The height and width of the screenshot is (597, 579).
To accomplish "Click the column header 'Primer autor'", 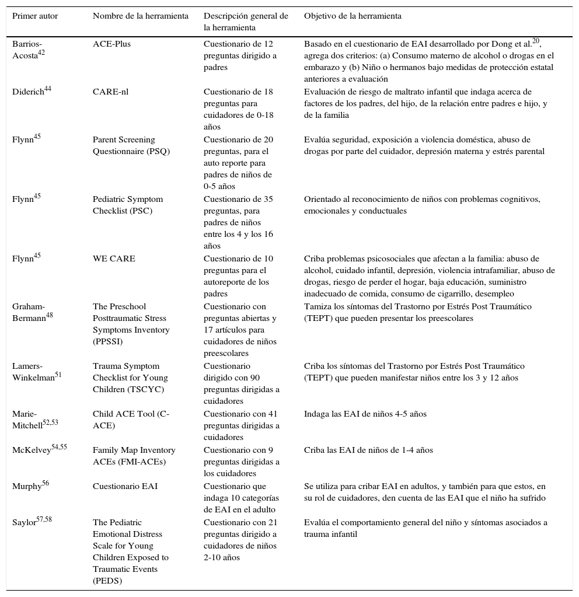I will pos(35,16).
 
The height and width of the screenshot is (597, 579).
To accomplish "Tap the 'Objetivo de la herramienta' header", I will pos(353,16).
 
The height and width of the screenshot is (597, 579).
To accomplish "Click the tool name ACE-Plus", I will pos(111,44).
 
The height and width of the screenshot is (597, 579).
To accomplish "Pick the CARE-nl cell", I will pos(110,92).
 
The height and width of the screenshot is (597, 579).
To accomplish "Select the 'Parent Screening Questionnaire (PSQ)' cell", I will pos(128,146).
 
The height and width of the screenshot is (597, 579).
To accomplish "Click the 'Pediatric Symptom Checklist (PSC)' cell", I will pos(127,205).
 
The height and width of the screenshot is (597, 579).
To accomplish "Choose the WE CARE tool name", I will pos(114,259).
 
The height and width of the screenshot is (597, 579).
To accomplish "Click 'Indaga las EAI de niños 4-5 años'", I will pos(365,414).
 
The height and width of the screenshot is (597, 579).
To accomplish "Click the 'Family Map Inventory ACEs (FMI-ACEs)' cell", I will pos(134,456).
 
